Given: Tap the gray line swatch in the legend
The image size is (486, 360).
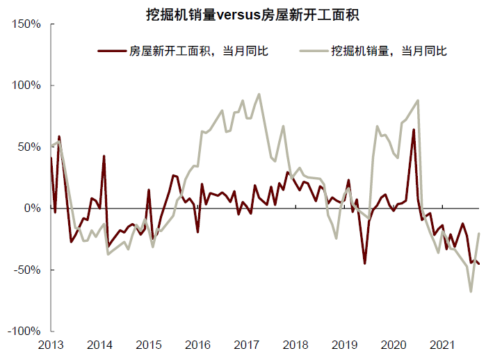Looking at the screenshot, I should pyautogui.click(x=314, y=51).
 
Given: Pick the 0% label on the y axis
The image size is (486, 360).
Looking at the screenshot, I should pyautogui.click(x=33, y=208).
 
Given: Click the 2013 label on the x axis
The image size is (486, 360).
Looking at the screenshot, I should pyautogui.click(x=51, y=345).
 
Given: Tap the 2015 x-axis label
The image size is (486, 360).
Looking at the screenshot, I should pyautogui.click(x=149, y=345).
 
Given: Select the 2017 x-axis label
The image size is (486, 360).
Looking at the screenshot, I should pyautogui.click(x=247, y=345).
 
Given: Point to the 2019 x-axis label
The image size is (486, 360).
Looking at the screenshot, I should pyautogui.click(x=344, y=345).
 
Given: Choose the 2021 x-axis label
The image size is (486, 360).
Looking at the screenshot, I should pyautogui.click(x=442, y=345).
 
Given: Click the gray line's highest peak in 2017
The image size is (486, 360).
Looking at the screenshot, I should pyautogui.click(x=259, y=95).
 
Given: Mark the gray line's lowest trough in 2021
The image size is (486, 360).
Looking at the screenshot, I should pyautogui.click(x=471, y=291).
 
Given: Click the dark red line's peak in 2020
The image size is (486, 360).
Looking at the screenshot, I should pyautogui.click(x=414, y=130).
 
